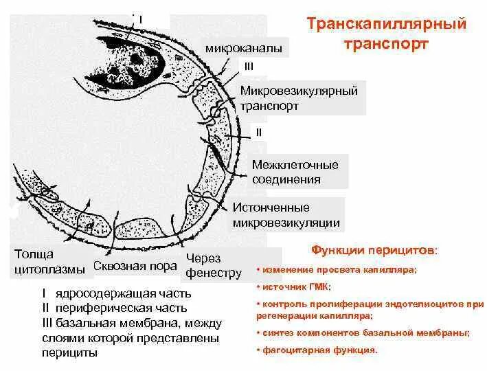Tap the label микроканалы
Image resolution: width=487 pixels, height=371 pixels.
[x=243, y=49]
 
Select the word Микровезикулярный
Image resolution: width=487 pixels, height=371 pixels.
[x=299, y=91]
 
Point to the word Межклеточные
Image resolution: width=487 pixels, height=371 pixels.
[x=295, y=166]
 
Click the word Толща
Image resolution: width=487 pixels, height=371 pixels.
[x=32, y=255]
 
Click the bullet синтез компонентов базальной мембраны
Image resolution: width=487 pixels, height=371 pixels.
[x=365, y=333]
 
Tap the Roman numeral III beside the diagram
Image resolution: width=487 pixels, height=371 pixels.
[x=249, y=65]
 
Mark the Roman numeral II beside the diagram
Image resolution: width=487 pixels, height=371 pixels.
[x=258, y=131]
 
